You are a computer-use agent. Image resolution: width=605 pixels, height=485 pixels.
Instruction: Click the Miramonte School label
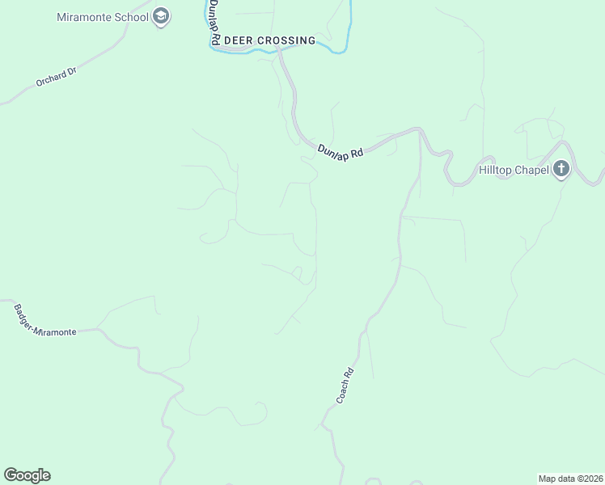click(x=104, y=17)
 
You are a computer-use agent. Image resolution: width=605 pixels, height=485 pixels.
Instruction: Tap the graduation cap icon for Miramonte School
click(x=161, y=17)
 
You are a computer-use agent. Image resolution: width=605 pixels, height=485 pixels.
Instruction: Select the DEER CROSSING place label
click(x=269, y=40)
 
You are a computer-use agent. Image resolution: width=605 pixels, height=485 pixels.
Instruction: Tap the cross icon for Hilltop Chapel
click(x=561, y=170)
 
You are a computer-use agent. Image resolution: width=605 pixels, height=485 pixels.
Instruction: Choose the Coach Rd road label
click(x=345, y=387)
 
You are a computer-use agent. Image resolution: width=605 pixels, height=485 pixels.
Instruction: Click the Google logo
click(x=27, y=475)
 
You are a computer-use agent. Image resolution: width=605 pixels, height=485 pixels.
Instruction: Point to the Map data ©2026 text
click(x=569, y=478)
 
